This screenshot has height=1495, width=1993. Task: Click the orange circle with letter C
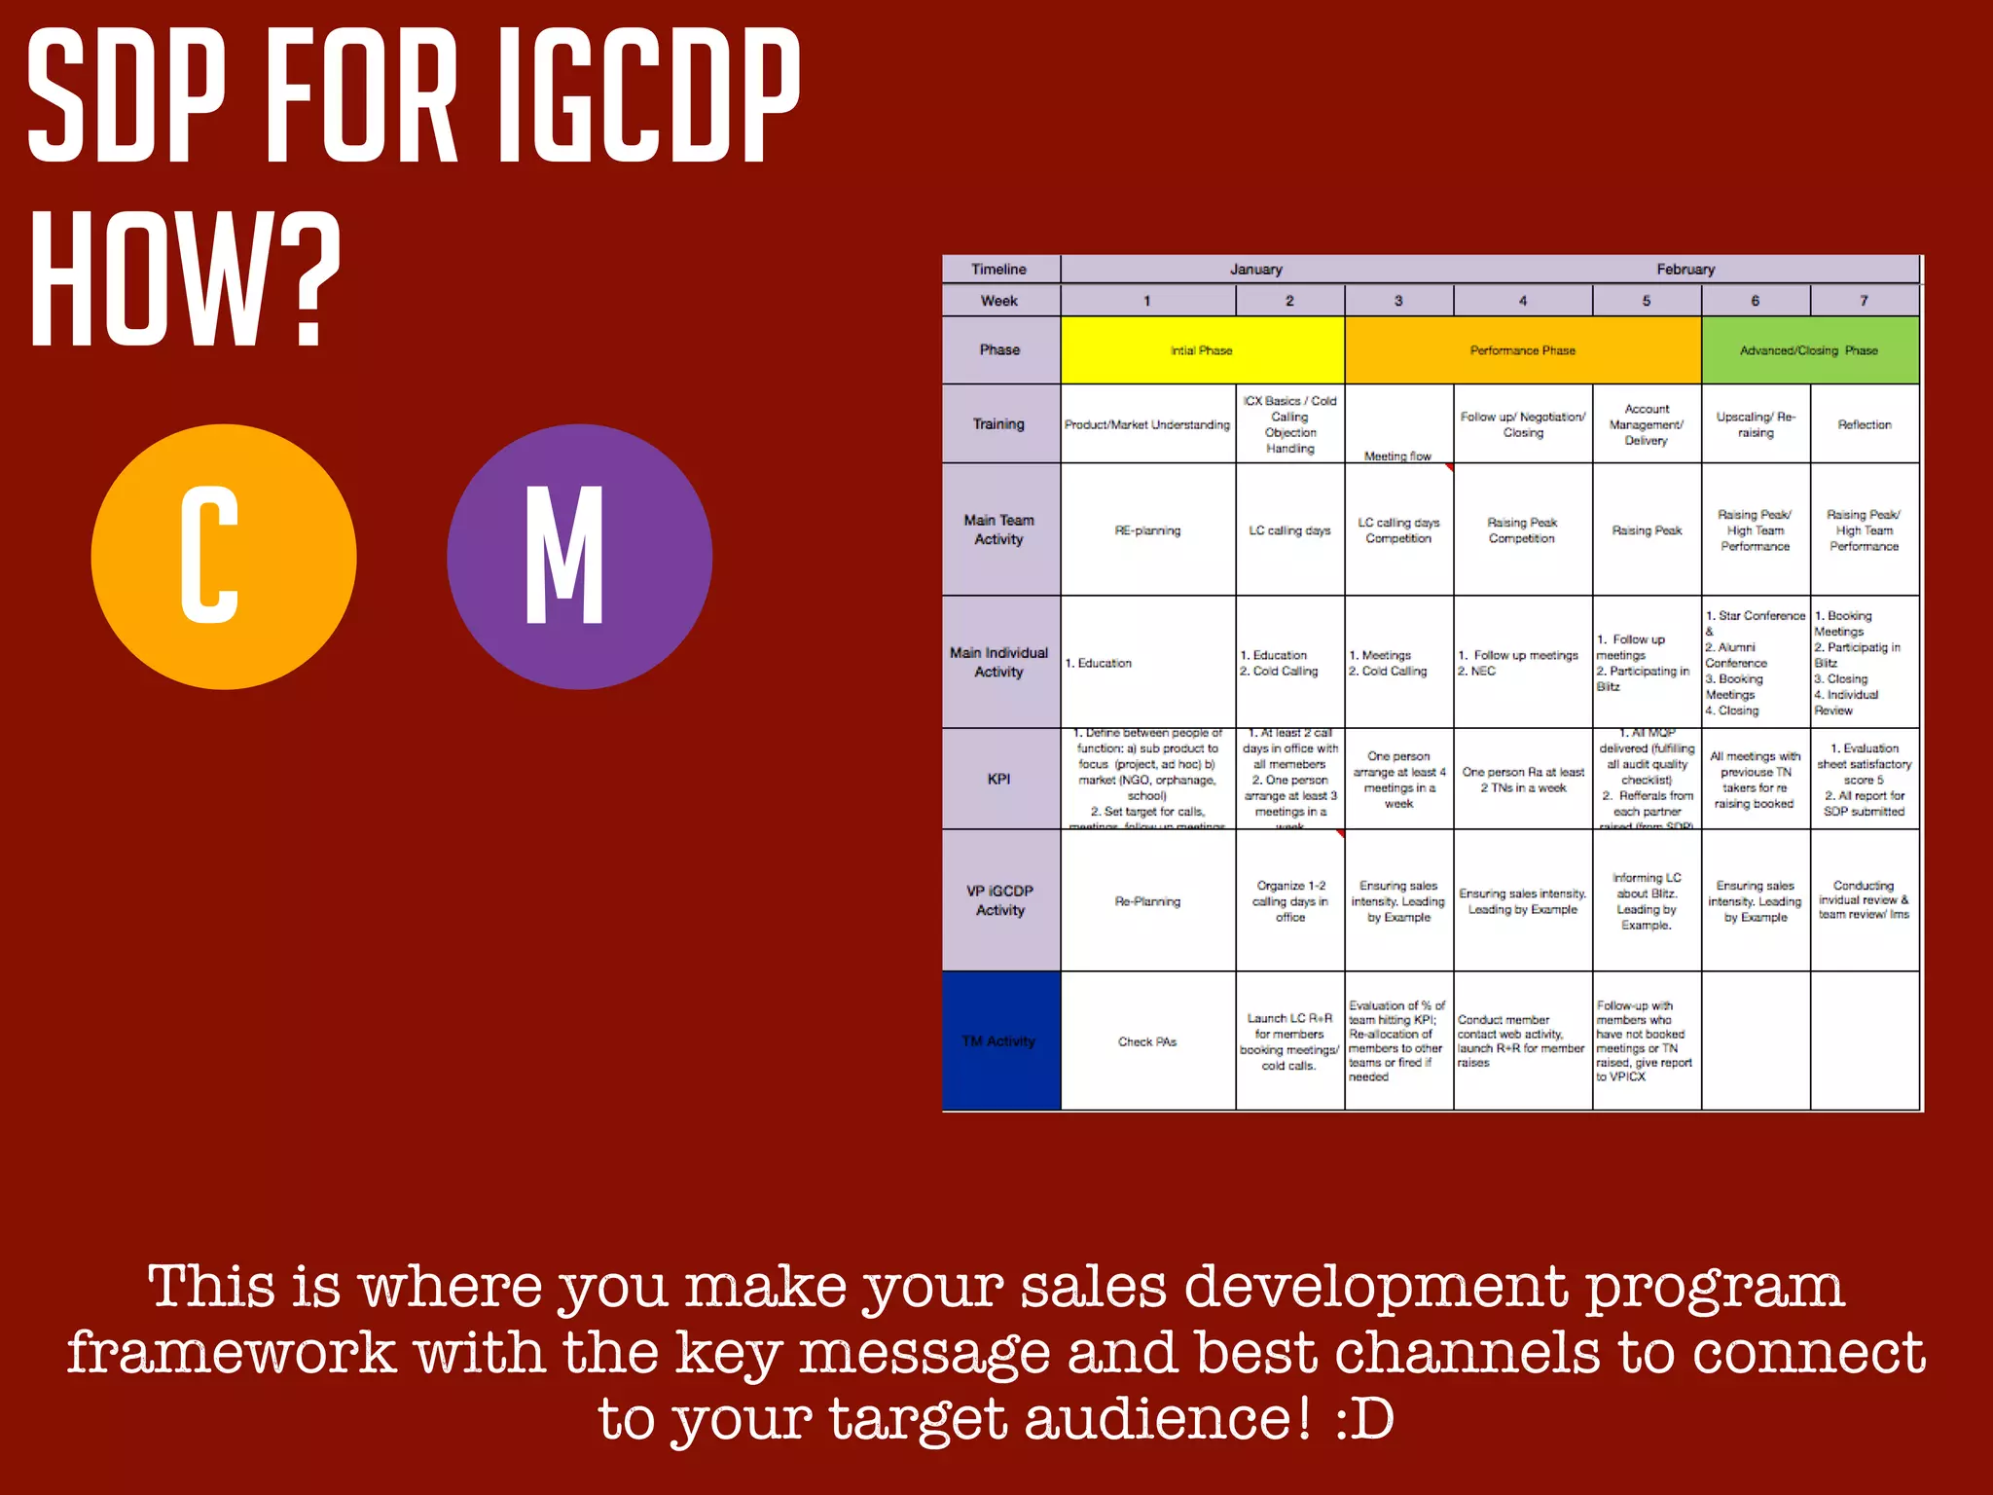[x=224, y=557]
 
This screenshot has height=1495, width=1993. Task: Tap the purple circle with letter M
[x=579, y=557]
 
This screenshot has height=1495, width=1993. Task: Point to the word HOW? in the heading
[x=185, y=282]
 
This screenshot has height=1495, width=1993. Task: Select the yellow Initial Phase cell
[x=1202, y=350]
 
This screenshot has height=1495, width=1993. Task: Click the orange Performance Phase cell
[x=1523, y=350]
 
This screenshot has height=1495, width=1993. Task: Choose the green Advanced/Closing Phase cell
[x=1810, y=350]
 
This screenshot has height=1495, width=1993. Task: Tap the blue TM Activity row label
[x=1000, y=1041]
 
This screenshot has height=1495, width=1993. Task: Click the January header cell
[x=1255, y=270]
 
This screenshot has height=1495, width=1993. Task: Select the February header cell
[x=1685, y=270]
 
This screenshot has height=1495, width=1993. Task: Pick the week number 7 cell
[x=1865, y=301]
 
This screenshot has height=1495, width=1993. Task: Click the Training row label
[x=1000, y=424]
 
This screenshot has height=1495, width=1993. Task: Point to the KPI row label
[x=1000, y=780]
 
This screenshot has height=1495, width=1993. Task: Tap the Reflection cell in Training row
[x=1865, y=424]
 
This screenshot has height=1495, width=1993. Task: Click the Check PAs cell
[x=1147, y=1041]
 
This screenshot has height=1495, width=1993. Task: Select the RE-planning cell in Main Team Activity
[x=1147, y=530]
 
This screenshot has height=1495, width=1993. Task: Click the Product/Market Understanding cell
[x=1147, y=424]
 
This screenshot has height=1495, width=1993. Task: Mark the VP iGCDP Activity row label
[x=1000, y=900]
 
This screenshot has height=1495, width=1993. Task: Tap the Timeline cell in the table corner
[x=1000, y=270]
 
